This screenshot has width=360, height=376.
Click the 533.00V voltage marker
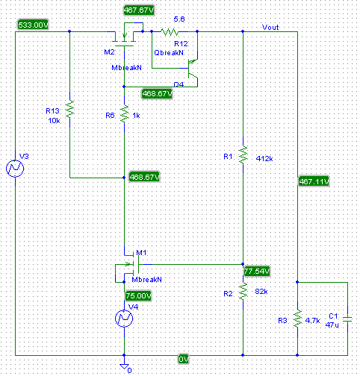tap(34, 25)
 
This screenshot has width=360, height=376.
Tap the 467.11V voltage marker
tap(314, 181)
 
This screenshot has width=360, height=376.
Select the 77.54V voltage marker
tap(257, 271)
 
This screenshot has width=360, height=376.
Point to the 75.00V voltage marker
tap(138, 295)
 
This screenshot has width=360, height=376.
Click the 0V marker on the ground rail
tap(184, 359)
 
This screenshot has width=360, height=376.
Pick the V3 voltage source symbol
tap(15, 169)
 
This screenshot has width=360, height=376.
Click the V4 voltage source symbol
tap(124, 319)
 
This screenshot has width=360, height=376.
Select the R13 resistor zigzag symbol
tap(69, 109)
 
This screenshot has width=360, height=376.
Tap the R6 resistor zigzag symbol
tap(124, 113)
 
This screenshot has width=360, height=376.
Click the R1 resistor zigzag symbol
tap(243, 154)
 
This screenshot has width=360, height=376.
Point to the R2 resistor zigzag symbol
tap(243, 291)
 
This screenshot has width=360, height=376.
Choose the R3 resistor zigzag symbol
tap(297, 319)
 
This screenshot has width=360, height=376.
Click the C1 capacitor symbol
tap(347, 319)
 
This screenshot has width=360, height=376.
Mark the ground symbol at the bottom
tap(124, 366)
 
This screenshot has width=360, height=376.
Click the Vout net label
tap(270, 27)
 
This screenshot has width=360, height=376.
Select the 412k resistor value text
tap(264, 158)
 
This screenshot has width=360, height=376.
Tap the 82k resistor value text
tap(261, 291)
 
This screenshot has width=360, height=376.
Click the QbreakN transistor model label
tap(170, 53)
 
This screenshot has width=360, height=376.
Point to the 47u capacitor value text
tap(332, 325)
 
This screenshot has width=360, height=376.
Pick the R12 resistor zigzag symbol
tap(170, 31)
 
